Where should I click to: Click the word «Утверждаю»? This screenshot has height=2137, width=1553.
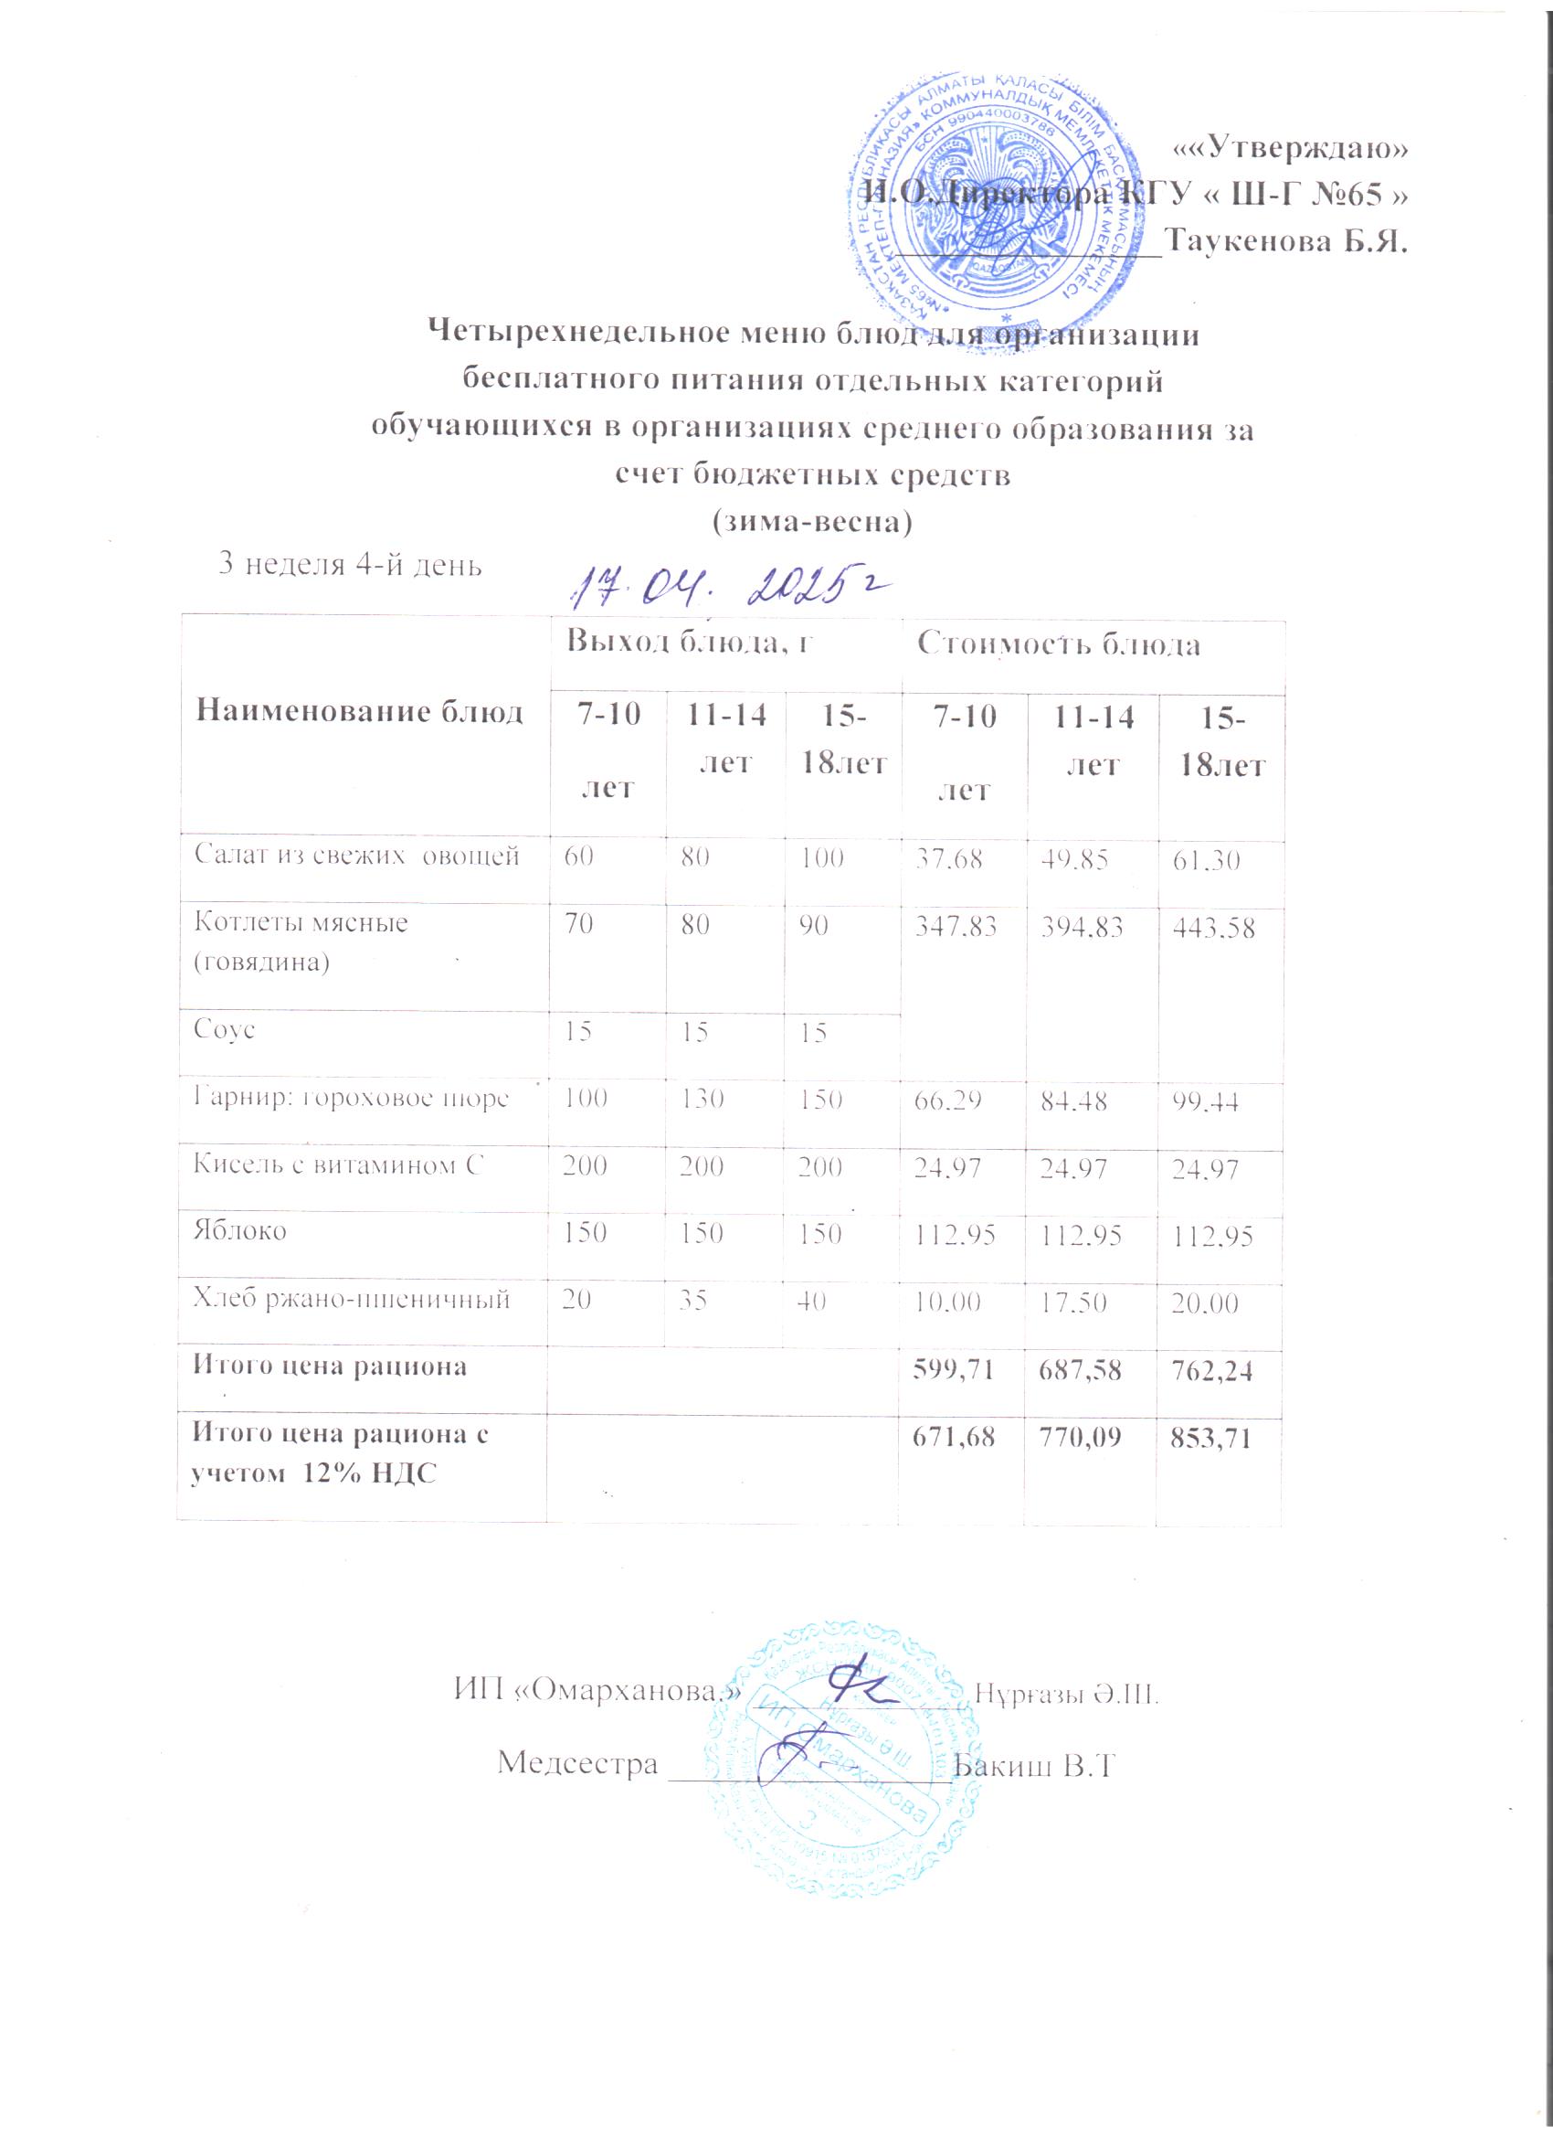click(x=1292, y=148)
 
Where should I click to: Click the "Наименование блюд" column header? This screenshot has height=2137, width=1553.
click(x=359, y=711)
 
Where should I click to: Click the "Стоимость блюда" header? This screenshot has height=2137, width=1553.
click(x=1059, y=644)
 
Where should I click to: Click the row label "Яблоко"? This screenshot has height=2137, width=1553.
click(x=240, y=1231)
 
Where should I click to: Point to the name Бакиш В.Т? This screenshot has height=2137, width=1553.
click(x=1034, y=1763)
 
